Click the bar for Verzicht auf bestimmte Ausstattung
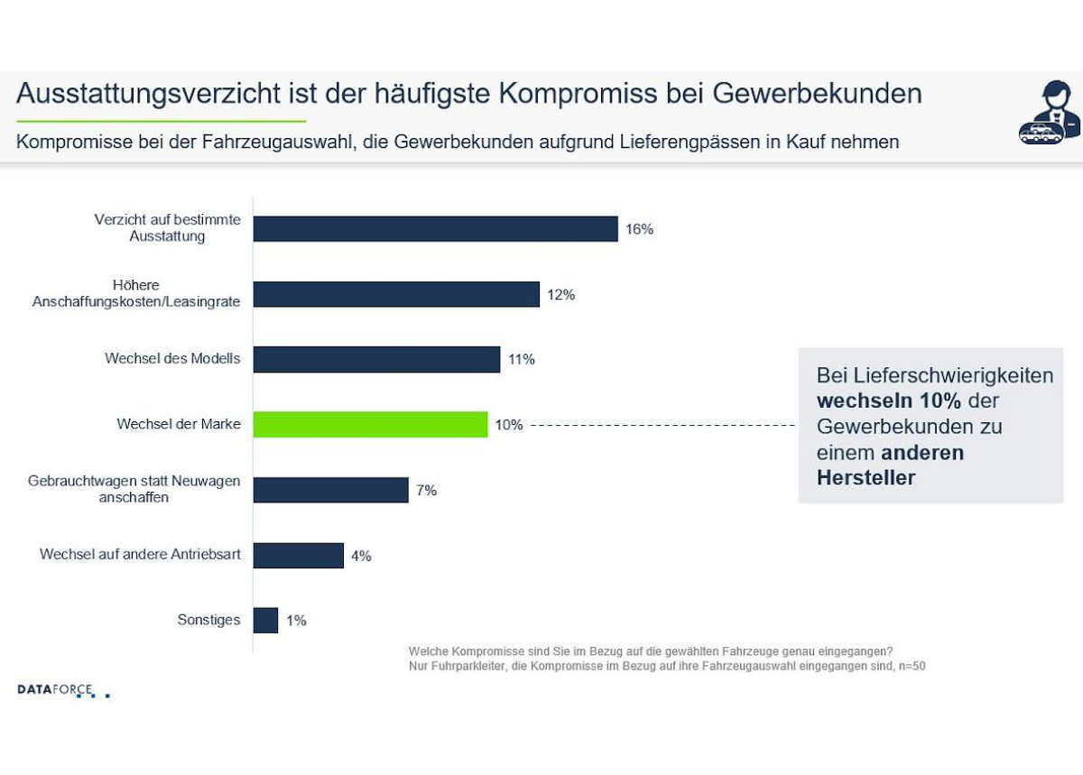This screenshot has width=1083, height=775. coord(435,229)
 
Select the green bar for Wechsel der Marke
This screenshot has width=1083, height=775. coord(370,424)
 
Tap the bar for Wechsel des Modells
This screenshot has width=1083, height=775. coord(376,359)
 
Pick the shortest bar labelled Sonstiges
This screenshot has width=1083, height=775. coord(265,620)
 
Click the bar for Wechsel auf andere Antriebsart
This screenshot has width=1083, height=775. coord(298,555)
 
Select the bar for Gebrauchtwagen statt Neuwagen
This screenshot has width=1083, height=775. coord(330,490)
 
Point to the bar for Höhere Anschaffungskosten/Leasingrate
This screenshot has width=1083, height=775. coord(396,294)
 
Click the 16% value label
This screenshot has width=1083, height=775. coord(639,229)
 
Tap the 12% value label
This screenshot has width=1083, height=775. coord(560,294)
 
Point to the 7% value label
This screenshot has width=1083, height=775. coord(426,490)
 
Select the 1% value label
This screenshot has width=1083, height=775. coord(296,620)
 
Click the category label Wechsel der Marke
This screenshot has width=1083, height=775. coord(179,424)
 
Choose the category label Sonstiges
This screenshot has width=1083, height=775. coord(208,620)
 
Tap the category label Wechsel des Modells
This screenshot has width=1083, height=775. coord(172,359)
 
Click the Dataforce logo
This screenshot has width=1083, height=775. coord(63,690)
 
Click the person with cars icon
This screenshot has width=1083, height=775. coord(1050,113)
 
